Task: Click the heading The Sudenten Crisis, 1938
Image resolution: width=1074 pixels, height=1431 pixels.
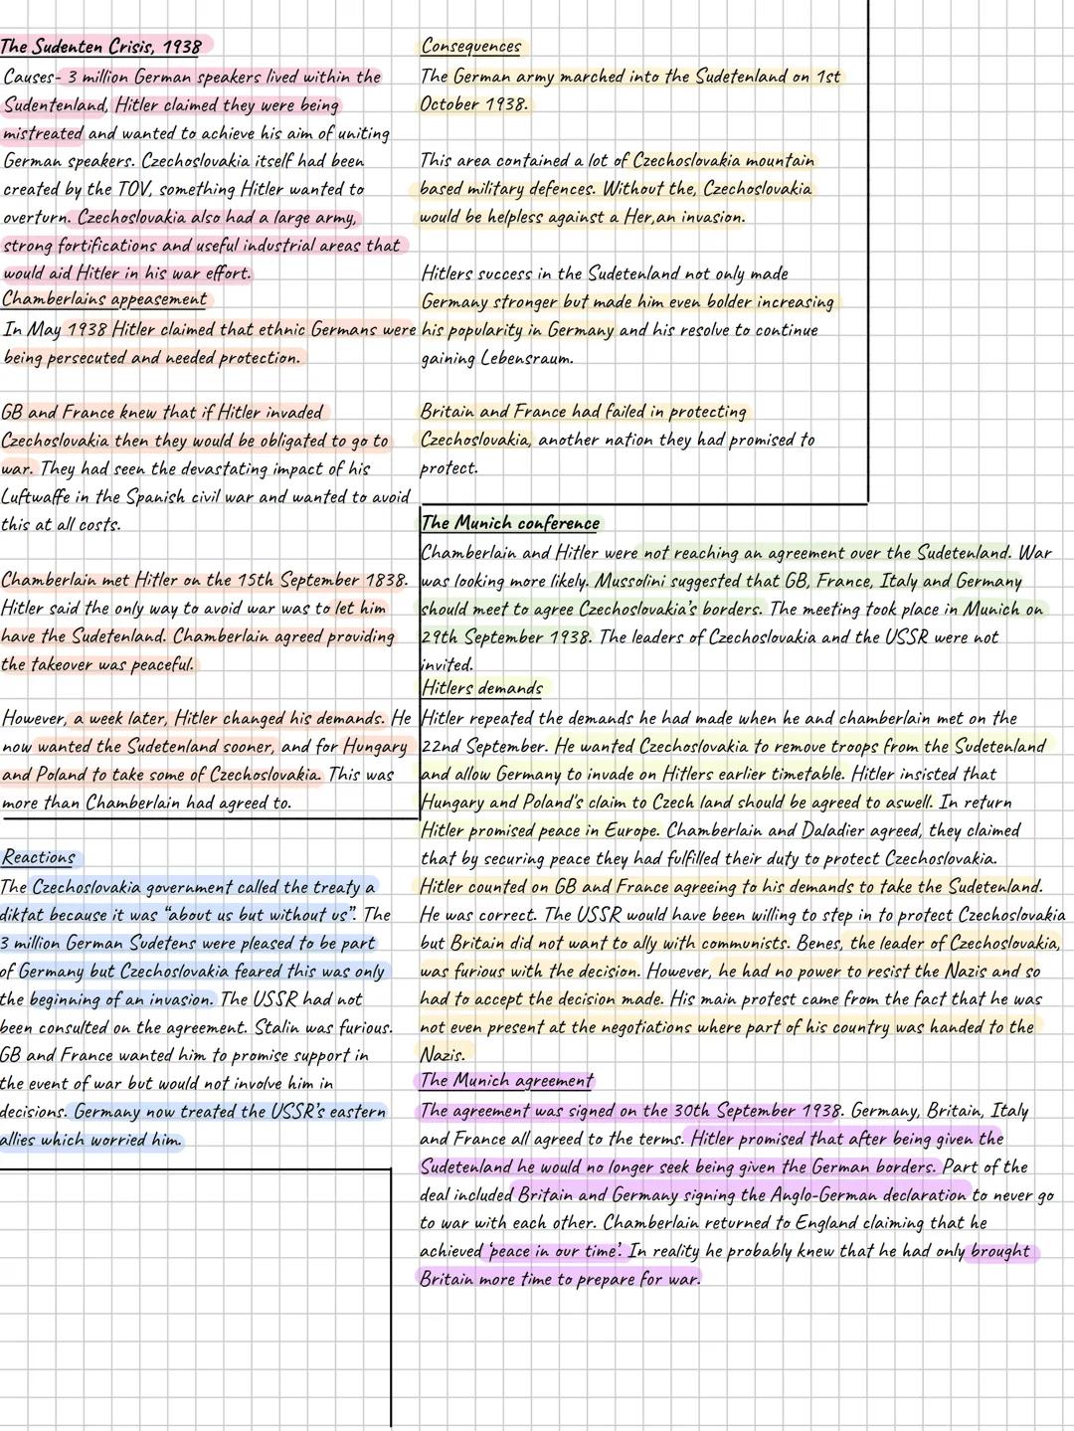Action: pos(100,47)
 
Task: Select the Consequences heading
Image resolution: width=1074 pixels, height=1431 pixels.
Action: pos(470,47)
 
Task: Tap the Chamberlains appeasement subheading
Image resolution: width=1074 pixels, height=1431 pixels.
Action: pos(104,299)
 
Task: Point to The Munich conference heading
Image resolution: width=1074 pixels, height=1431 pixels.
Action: pos(510,523)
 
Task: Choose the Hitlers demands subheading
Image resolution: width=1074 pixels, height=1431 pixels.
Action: pos(482,688)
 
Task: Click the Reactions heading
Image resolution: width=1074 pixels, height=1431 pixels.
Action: pos(38,857)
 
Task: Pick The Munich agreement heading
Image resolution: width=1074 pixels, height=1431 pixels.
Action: pos(506,1081)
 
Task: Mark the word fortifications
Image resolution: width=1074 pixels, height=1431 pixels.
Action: pos(100,245)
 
